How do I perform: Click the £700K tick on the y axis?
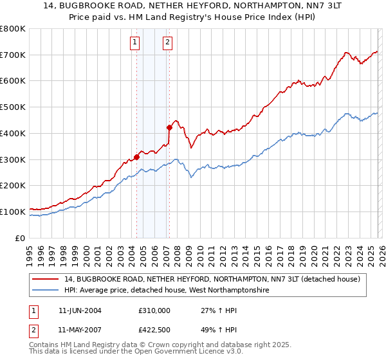pyautogui.click(x=13, y=55)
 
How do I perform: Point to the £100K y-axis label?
pyautogui.click(x=13, y=212)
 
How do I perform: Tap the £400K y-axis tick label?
pyautogui.click(x=13, y=133)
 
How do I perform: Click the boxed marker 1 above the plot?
pyautogui.click(x=135, y=43)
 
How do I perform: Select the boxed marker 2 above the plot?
pyautogui.click(x=167, y=43)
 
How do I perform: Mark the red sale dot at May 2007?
pyautogui.click(x=169, y=127)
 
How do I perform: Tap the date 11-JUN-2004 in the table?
pyautogui.click(x=80, y=310)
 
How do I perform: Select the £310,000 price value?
pyautogui.click(x=154, y=310)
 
